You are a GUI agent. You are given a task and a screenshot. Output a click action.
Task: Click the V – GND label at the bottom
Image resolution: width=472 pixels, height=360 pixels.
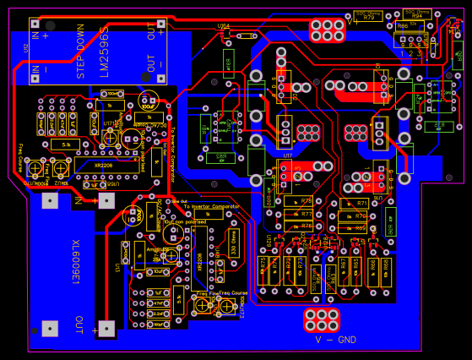pyautogui.click(x=335, y=340)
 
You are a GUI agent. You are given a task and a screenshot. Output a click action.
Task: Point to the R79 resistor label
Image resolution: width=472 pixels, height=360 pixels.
pyautogui.click(x=368, y=17)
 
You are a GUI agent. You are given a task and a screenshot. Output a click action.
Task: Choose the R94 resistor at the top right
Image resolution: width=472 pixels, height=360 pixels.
pyautogui.click(x=417, y=15)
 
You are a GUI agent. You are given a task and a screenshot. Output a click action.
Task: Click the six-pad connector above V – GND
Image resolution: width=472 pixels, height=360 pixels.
pyautogui.click(x=322, y=319)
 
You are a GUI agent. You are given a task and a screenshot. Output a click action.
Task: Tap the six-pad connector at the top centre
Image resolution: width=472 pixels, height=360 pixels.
pyautogui.click(x=327, y=30)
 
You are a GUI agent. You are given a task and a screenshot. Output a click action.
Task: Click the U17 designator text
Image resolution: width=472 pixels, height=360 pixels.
pyautogui.click(x=287, y=155)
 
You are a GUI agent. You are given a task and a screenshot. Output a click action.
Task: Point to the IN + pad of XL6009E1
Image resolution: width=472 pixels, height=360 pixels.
pyautogui.click(x=106, y=200)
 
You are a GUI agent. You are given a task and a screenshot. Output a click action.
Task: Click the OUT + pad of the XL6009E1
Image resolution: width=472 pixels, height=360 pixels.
pyautogui.click(x=106, y=328)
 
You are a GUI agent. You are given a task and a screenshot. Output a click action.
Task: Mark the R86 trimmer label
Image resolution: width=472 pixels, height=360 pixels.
pyautogui.click(x=401, y=26)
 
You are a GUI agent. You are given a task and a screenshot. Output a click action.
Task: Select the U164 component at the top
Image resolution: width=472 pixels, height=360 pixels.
pyautogui.click(x=225, y=27)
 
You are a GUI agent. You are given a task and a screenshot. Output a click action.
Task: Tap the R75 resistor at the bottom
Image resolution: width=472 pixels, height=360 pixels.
pyautogui.click(x=263, y=269)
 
